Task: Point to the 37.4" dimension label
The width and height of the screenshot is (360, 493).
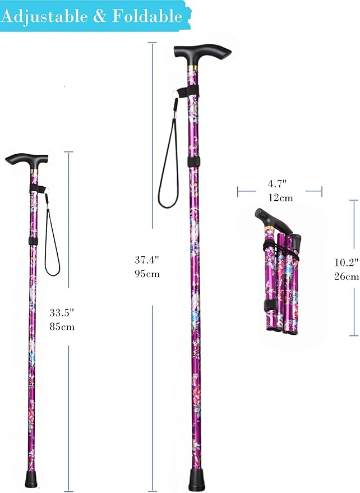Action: pyautogui.click(x=147, y=260)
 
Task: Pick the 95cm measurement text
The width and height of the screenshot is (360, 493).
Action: pyautogui.click(x=147, y=274)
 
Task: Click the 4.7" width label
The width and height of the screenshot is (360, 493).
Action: pyautogui.click(x=278, y=183)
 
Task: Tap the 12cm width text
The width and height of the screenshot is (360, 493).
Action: pyautogui.click(x=279, y=197)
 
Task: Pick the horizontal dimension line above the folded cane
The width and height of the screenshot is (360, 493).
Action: pyautogui.click(x=279, y=192)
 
